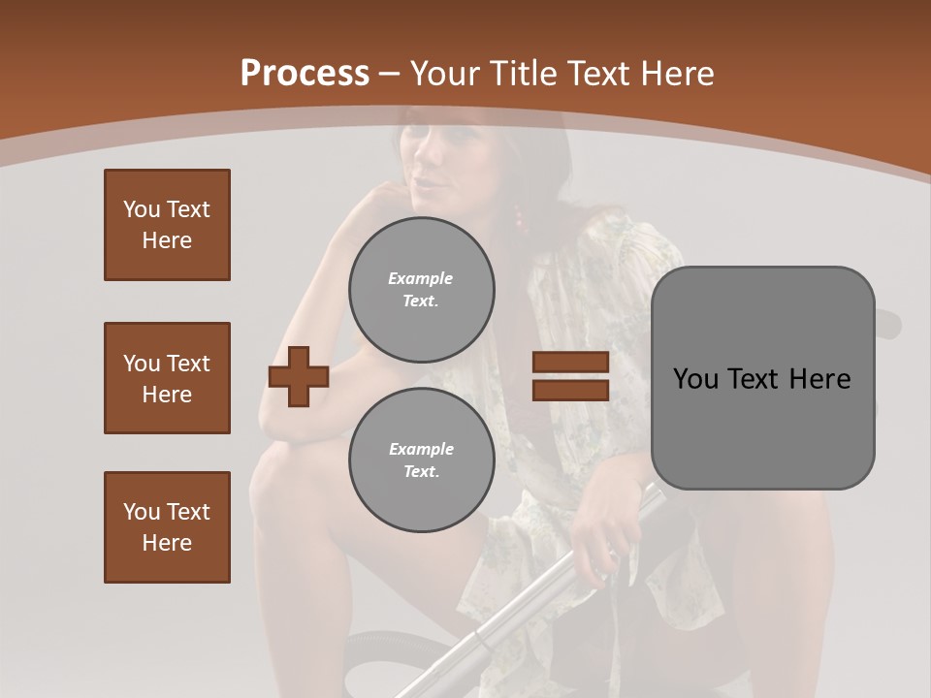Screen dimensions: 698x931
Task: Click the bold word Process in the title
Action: click(x=305, y=73)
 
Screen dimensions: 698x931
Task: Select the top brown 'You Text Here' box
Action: click(x=167, y=225)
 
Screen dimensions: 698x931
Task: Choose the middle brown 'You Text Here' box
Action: click(x=167, y=378)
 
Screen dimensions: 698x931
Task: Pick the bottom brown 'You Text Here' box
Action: click(x=167, y=527)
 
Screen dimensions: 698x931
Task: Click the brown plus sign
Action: click(x=298, y=377)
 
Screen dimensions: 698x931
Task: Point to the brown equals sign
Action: click(x=570, y=376)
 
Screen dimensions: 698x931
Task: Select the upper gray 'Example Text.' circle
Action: click(x=421, y=290)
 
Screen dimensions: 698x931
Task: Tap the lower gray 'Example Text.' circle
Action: click(x=421, y=460)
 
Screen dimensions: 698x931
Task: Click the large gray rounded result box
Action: click(x=762, y=378)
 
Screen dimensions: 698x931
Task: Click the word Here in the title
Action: click(x=679, y=74)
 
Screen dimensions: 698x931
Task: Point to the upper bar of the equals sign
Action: click(x=570, y=363)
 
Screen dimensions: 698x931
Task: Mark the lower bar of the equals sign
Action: click(x=570, y=390)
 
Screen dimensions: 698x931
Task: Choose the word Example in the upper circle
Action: click(x=421, y=278)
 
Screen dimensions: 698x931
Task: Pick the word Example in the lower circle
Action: click(x=421, y=449)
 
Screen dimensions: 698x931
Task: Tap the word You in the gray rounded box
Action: click(x=694, y=379)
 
